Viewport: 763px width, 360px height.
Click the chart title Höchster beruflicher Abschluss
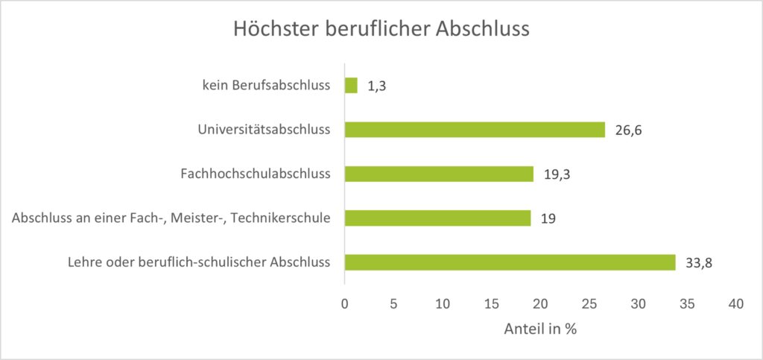[381, 29]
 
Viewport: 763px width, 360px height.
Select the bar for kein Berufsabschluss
[351, 86]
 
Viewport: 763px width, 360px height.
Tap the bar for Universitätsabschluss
[475, 130]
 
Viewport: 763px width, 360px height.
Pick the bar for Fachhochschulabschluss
[439, 174]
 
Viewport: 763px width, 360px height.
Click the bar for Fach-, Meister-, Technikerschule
[437, 218]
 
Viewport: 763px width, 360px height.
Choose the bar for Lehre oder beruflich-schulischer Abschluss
[510, 262]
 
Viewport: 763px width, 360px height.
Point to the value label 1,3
[376, 86]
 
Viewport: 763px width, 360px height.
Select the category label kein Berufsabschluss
[266, 86]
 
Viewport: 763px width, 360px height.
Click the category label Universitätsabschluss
[264, 130]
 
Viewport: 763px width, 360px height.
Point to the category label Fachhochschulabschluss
[256, 174]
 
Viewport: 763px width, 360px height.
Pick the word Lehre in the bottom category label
[84, 262]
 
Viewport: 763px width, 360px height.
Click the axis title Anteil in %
[540, 329]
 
